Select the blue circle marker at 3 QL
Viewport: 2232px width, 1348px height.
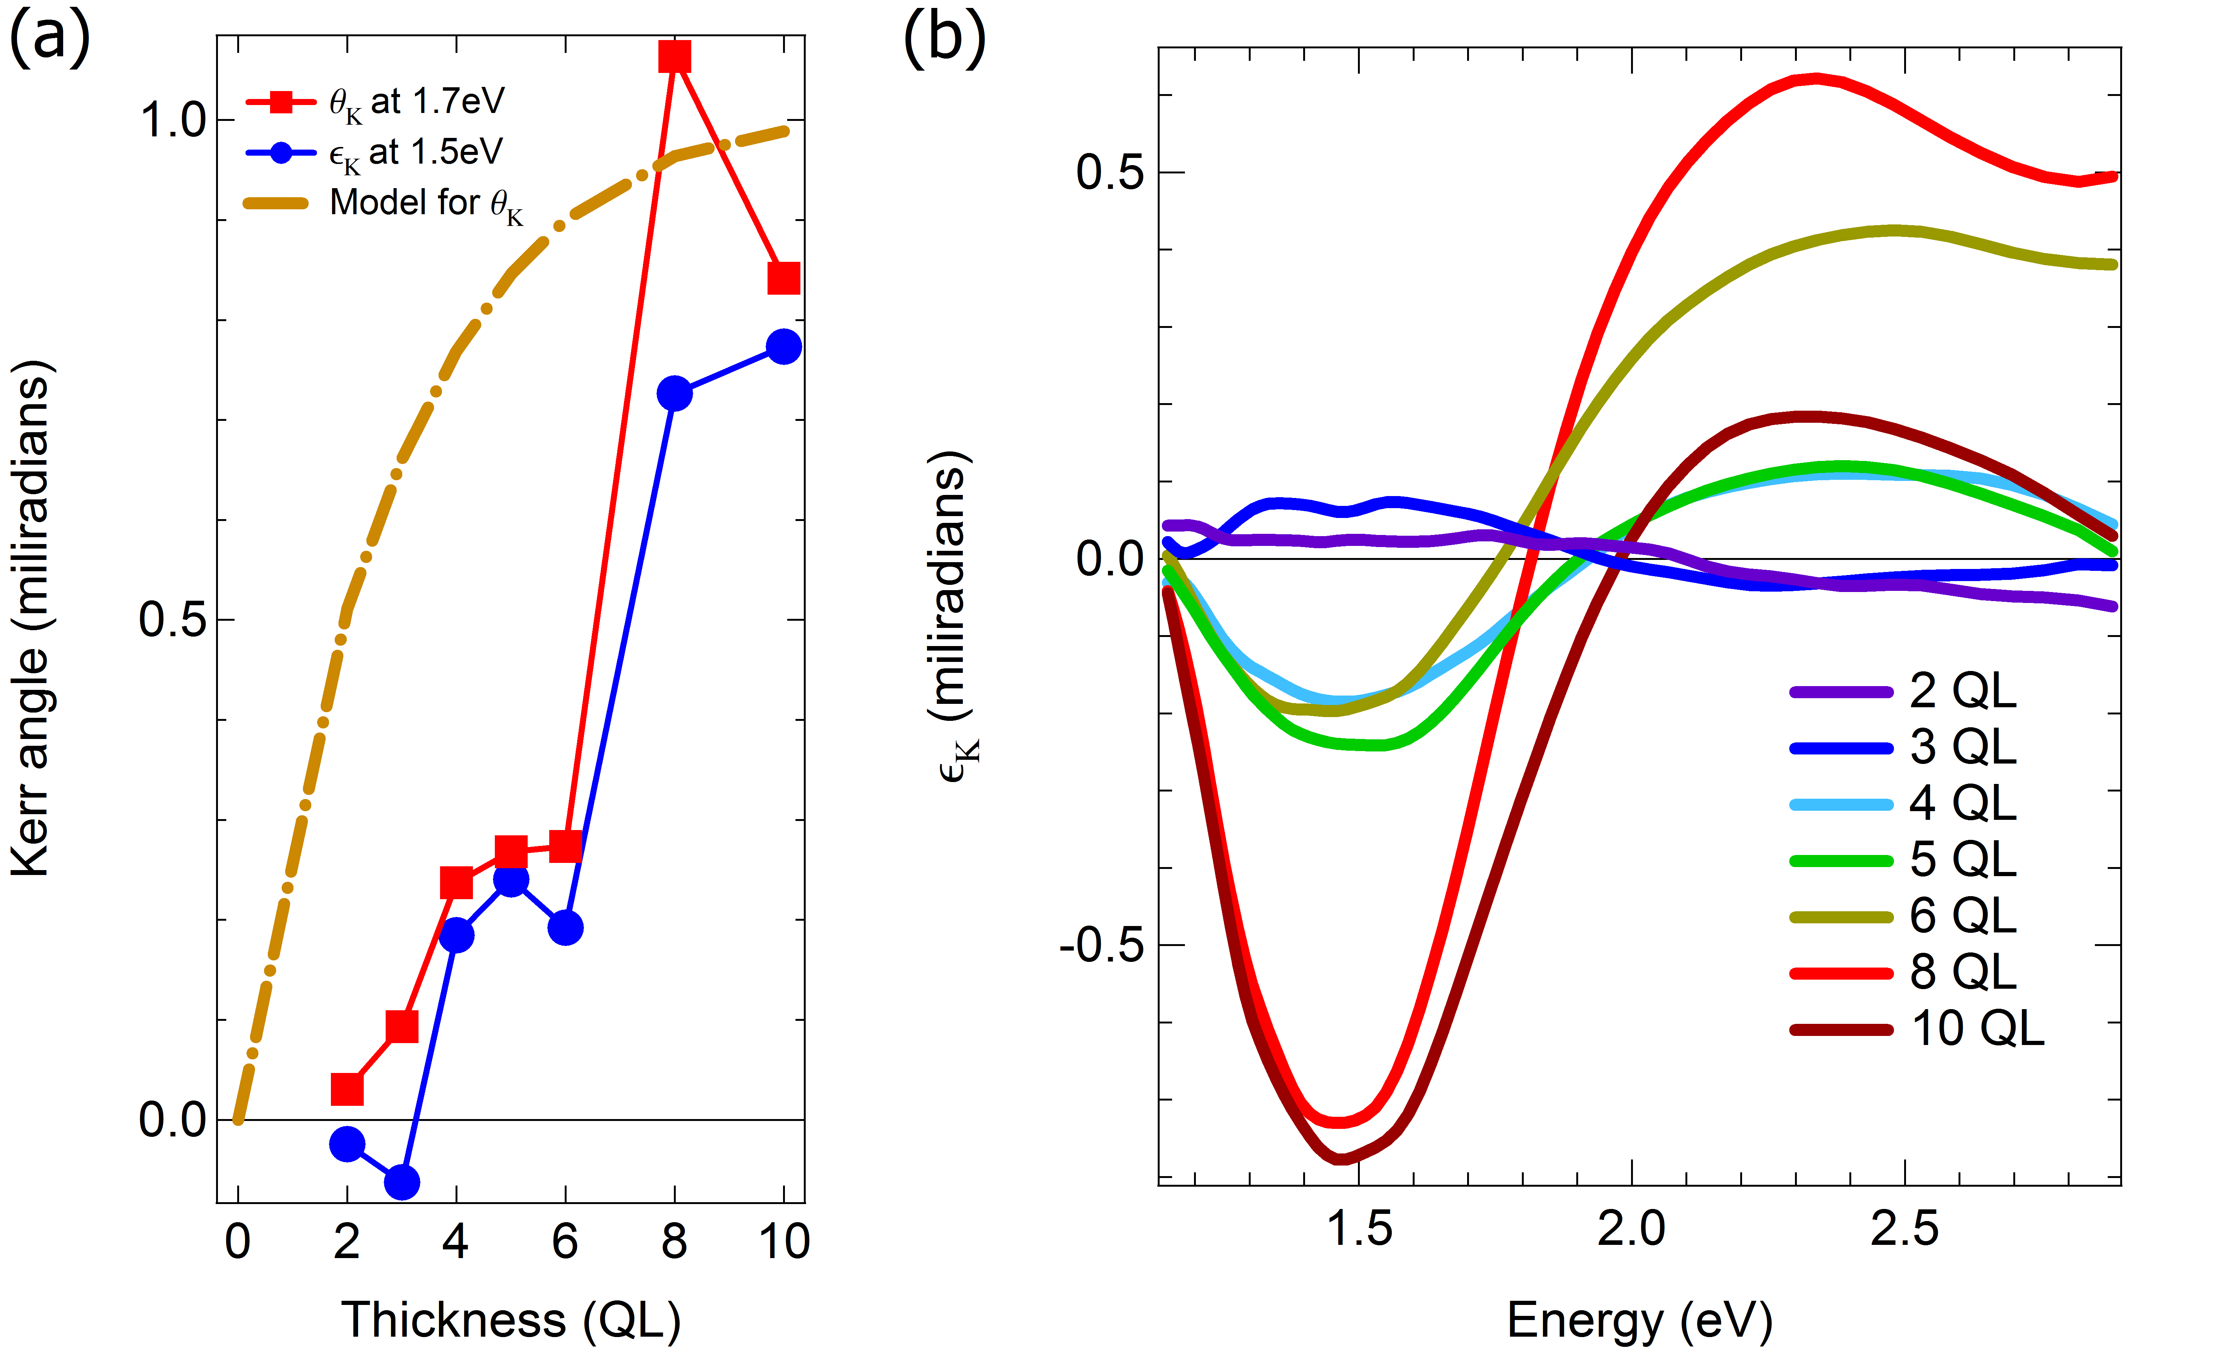tap(401, 1181)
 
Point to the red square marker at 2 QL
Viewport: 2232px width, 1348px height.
tap(347, 1089)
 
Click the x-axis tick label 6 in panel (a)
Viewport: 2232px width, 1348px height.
tap(565, 1241)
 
